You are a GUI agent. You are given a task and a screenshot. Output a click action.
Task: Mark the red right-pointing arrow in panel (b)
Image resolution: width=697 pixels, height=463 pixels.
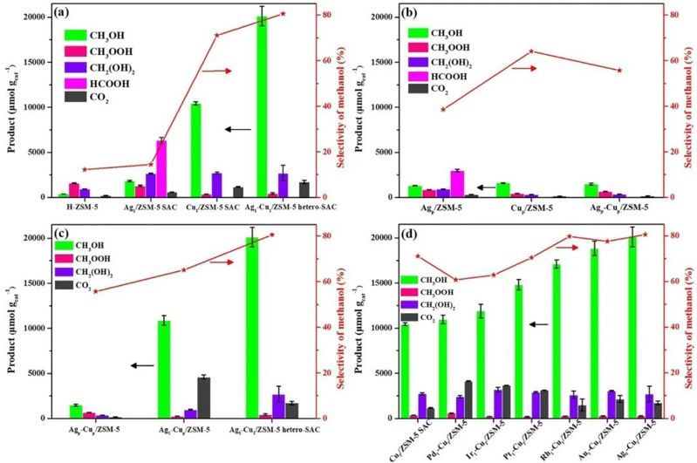pos(523,68)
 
